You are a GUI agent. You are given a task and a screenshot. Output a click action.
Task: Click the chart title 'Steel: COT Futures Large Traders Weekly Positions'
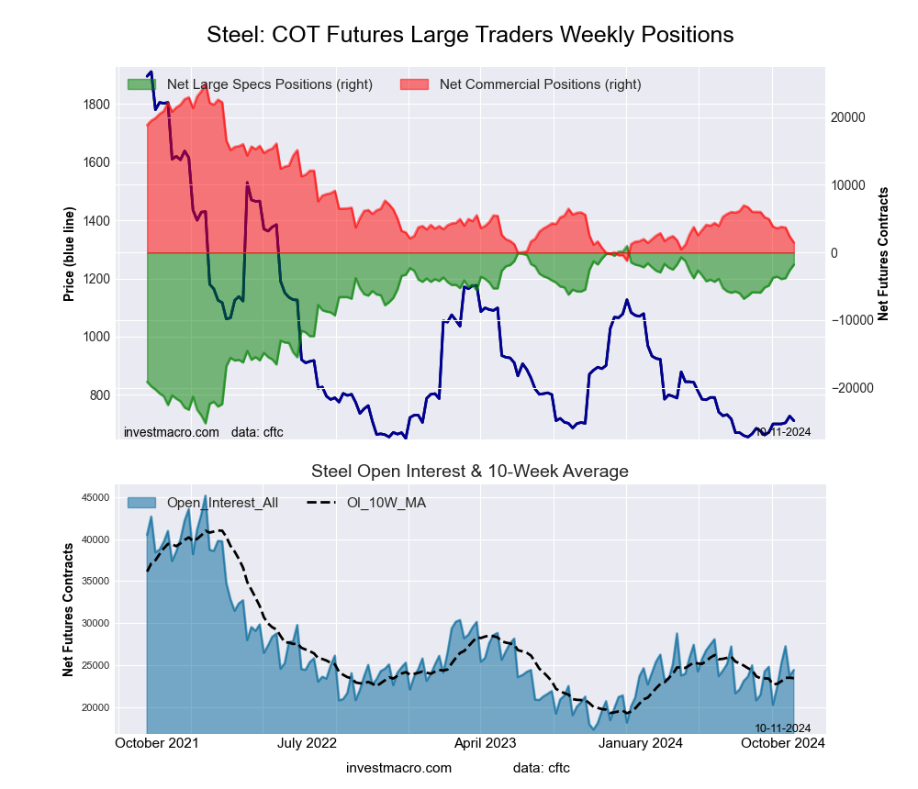[x=470, y=35]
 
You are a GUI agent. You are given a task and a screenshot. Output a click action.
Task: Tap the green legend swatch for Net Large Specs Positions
[x=141, y=84]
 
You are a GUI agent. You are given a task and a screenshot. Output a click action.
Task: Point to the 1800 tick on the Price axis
[x=97, y=105]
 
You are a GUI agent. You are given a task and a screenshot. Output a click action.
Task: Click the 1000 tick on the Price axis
[x=97, y=337]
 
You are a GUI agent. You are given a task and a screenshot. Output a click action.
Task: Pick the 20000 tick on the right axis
[x=849, y=117]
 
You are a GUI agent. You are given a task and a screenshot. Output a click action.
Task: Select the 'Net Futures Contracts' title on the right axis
[x=883, y=253]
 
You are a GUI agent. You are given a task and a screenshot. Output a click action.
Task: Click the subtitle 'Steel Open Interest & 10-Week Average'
[x=470, y=472]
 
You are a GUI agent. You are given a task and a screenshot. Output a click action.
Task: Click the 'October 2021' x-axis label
[x=159, y=743]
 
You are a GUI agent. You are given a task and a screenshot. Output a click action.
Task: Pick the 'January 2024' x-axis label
[x=642, y=743]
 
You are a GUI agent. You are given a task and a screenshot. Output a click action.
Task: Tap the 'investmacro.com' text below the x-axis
[x=398, y=767]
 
